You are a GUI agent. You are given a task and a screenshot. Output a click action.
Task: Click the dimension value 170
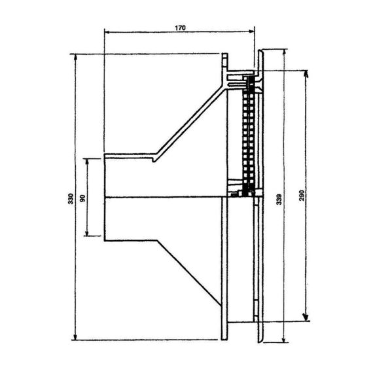[180, 28]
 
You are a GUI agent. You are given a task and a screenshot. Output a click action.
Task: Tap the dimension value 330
[71, 199]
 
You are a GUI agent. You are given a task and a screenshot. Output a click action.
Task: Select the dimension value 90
[82, 198]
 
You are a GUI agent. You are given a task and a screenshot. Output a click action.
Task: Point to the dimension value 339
[279, 200]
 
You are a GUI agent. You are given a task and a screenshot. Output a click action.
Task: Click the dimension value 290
[302, 195]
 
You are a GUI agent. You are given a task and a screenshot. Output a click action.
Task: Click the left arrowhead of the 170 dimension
[107, 31]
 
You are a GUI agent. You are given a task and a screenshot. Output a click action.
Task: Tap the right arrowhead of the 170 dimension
[252, 31]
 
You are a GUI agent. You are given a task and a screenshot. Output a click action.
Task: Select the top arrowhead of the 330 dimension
[75, 57]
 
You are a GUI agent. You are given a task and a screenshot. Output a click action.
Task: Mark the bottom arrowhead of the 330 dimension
[75, 337]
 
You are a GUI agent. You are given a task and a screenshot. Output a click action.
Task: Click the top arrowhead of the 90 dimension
[87, 162]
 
